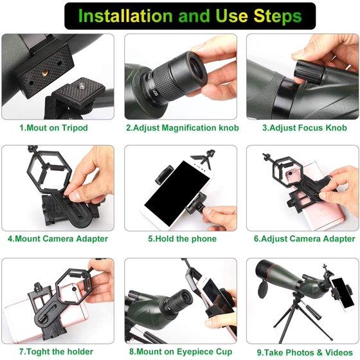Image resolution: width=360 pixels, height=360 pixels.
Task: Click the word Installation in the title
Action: point(125,16)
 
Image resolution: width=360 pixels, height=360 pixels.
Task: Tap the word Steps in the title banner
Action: point(278,16)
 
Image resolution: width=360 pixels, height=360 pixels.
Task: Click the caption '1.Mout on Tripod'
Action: point(54,128)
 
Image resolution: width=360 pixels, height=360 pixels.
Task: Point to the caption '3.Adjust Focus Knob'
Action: point(305,128)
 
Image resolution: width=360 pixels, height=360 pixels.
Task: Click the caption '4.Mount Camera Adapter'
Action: point(58,239)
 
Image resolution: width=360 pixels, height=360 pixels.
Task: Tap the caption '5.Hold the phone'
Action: point(182,239)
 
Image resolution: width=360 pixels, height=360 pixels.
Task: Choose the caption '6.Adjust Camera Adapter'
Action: point(305,239)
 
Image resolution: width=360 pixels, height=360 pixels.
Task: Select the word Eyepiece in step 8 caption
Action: point(195,352)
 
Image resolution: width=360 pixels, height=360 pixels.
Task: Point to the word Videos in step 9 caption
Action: point(339,352)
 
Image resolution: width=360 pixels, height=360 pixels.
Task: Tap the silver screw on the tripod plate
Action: point(80,86)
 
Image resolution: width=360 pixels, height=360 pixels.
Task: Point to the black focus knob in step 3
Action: point(310,69)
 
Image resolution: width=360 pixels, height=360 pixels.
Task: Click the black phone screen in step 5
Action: point(177,193)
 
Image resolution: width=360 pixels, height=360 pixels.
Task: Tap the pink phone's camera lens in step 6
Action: point(291,173)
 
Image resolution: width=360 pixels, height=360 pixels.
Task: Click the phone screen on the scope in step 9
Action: point(343,293)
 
